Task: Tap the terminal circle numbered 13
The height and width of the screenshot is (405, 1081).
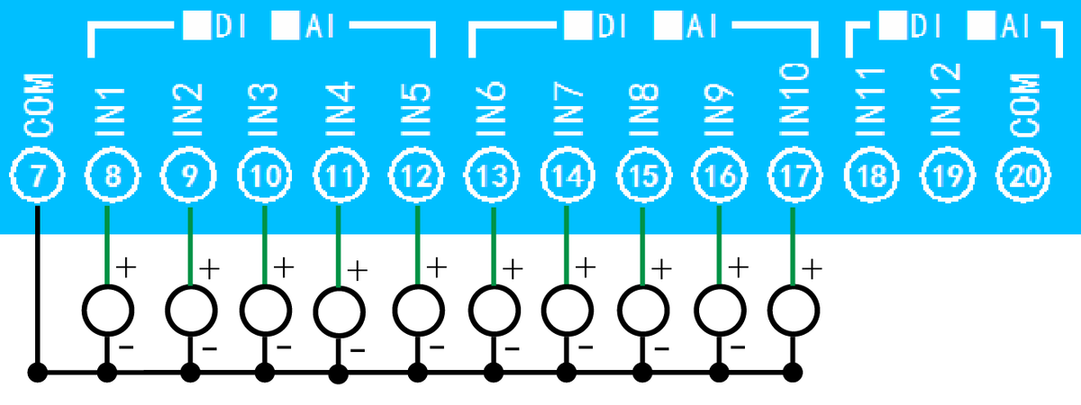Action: [x=491, y=177]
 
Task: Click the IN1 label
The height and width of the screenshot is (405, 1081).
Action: [x=114, y=113]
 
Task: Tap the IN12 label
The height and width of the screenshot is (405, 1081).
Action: [x=948, y=101]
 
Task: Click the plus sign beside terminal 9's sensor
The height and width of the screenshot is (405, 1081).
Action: [x=209, y=267]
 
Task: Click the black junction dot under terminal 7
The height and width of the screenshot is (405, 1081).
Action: [x=37, y=372]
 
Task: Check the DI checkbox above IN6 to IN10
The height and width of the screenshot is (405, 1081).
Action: [x=574, y=26]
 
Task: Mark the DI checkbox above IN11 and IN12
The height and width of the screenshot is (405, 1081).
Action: [x=894, y=26]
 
